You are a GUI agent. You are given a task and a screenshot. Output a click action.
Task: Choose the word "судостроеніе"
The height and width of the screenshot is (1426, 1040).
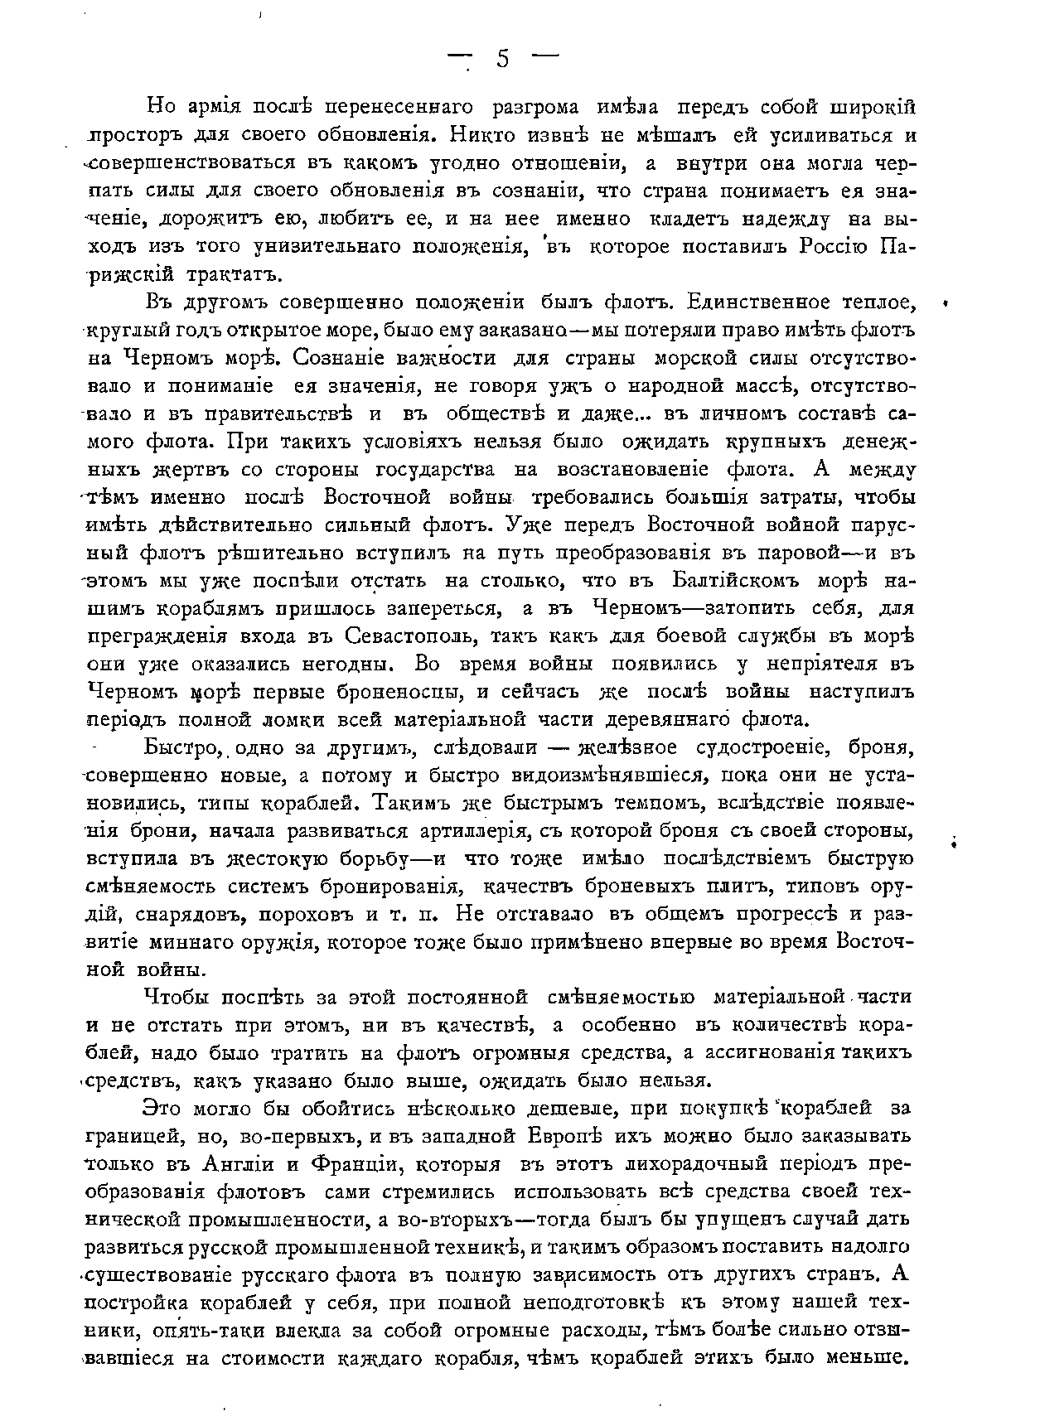(x=763, y=747)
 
